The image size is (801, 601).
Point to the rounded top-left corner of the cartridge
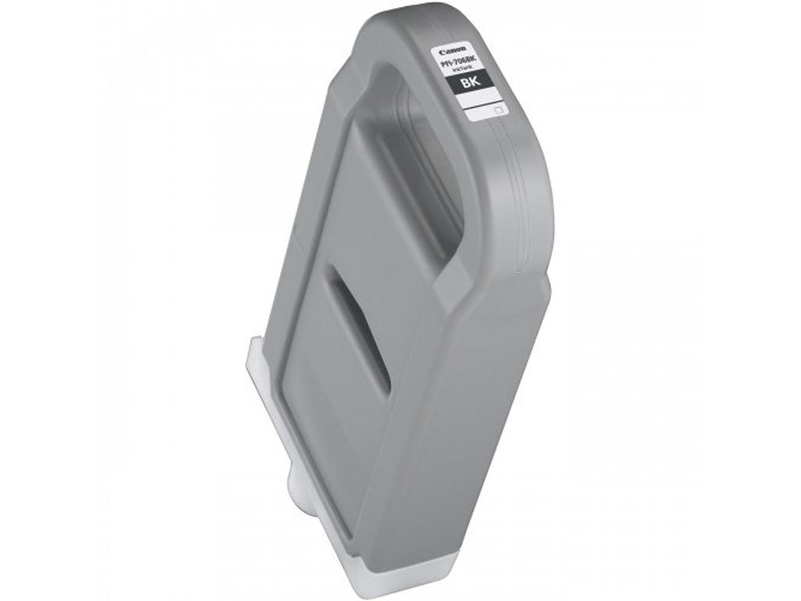(368, 31)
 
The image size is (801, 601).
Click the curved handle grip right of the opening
(501, 196)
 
